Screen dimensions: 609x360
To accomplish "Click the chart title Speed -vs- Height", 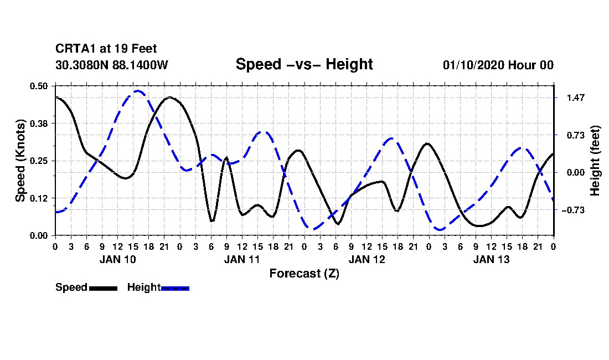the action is pos(304,64).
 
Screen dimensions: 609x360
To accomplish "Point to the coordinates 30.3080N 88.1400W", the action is pos(111,65).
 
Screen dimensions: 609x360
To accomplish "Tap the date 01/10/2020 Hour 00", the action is pos(498,65).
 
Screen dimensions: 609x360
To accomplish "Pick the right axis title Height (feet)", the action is pos(595,161).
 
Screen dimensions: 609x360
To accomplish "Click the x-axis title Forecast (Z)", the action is pos(304,274).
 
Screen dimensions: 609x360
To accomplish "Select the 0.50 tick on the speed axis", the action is pos(39,86).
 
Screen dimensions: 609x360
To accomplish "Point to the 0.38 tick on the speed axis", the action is pos(39,124).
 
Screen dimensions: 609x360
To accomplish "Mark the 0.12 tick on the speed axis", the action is pos(39,198).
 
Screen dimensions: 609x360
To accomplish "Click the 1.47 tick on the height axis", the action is pos(576,97).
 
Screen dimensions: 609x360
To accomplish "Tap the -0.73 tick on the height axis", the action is pos(573,210).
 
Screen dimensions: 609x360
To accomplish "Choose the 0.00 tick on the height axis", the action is pos(576,172).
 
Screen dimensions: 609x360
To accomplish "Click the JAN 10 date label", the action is pos(118,259).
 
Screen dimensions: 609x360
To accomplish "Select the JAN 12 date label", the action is pos(367,259).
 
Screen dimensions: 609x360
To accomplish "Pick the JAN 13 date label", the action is pos(491,259).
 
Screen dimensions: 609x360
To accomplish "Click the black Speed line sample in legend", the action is pos(104,288).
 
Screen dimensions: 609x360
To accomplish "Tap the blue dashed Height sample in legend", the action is pos(175,288).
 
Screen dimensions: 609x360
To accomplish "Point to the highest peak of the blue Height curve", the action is pos(138,91).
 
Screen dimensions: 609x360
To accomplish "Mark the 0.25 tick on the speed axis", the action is pos(39,161).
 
